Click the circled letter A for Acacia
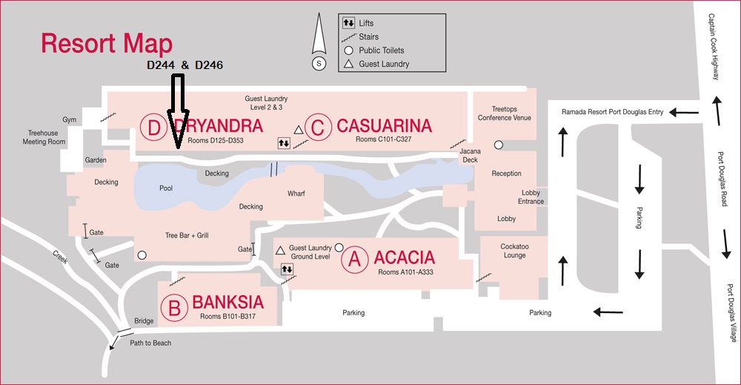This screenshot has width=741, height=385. pos(354,259)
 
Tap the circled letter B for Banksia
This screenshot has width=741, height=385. pos(175,308)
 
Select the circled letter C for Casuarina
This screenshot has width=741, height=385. pos(318,128)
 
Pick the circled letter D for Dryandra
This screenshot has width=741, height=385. pos(153,128)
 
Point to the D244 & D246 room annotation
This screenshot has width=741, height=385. pos(185,65)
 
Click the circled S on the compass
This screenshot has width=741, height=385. pos(319,64)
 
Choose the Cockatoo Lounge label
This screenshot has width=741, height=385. pos(514,251)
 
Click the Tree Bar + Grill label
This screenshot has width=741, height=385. pos(187,235)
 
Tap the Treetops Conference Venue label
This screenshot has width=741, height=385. pos(505,113)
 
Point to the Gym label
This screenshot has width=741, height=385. pos(70,119)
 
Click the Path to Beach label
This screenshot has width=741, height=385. pos(151,343)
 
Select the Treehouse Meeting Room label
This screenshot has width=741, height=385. pos(44,137)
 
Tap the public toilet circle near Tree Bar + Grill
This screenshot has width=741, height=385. pos(142,255)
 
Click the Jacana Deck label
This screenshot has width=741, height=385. pos(470,155)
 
